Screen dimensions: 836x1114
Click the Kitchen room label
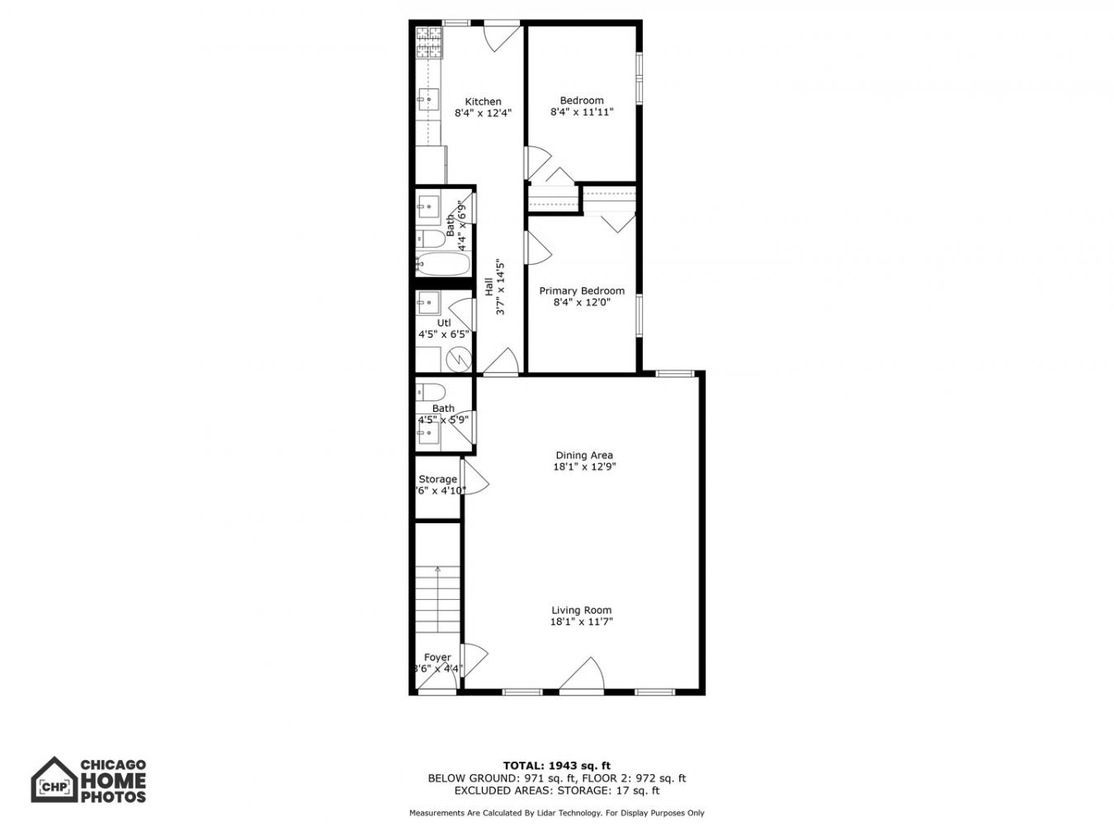click(483, 102)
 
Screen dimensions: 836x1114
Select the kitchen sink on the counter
click(428, 99)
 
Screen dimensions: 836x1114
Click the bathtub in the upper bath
click(442, 265)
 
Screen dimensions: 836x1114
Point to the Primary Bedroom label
click(582, 290)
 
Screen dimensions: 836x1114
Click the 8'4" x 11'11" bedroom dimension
click(582, 112)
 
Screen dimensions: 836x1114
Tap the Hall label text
click(489, 287)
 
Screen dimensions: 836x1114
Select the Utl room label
click(444, 323)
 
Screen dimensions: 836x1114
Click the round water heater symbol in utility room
click(458, 360)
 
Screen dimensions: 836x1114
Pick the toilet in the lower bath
click(431, 390)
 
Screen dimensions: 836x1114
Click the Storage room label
click(437, 479)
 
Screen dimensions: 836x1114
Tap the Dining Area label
click(583, 455)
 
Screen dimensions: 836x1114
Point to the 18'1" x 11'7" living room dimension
click(582, 622)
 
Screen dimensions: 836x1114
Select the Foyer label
click(437, 658)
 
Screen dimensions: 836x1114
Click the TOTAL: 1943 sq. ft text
click(557, 766)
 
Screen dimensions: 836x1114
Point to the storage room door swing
click(475, 479)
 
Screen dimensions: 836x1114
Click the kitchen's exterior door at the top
click(501, 35)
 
